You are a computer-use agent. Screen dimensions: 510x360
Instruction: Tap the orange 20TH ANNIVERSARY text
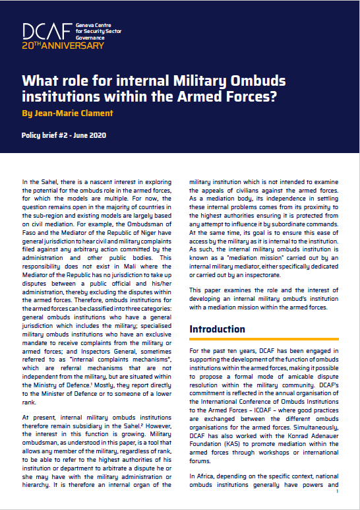point(63,46)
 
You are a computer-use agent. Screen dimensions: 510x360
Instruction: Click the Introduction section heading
point(217,329)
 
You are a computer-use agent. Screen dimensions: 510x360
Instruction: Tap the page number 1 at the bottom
point(337,492)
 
